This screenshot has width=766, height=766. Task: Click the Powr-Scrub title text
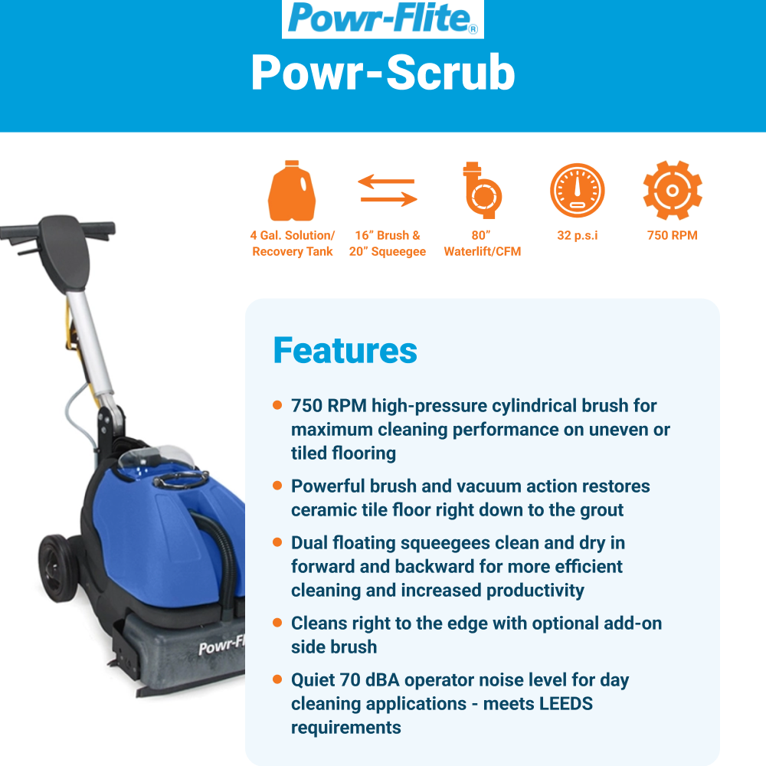383,73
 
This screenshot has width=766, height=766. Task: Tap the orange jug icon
292,191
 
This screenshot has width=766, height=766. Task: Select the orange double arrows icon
388,190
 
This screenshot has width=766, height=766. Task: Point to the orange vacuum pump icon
482,190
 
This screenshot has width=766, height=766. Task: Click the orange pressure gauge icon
578,190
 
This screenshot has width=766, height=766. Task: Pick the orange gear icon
673,190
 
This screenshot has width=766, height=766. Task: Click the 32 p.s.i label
578,235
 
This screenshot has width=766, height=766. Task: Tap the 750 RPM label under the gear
673,235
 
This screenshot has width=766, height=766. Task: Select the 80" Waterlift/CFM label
482,244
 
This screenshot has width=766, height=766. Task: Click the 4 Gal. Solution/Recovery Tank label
292,244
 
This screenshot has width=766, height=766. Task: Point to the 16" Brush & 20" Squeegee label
388,244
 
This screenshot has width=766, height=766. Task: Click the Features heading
345,350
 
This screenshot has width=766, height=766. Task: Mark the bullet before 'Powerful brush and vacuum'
277,486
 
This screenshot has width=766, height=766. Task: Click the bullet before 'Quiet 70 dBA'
277,679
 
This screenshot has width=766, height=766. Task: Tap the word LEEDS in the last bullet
565,704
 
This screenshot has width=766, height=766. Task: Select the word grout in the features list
601,510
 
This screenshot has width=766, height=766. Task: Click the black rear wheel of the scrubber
58,568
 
